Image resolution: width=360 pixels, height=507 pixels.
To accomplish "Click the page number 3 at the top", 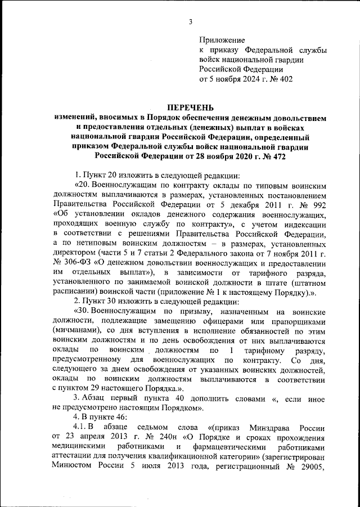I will (191, 22).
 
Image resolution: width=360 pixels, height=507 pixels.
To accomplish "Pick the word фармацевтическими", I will (221, 447).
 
